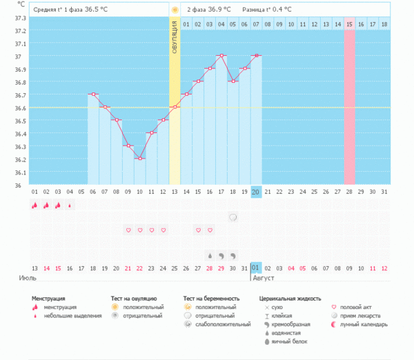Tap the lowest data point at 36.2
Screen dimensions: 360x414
139,159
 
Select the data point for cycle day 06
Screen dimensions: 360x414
93,94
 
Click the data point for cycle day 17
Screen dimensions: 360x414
221,55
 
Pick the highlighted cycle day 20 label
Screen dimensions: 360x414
256,191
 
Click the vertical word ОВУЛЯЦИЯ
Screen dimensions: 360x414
175,32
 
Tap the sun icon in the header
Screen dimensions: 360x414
175,10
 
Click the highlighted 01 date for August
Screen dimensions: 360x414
256,268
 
